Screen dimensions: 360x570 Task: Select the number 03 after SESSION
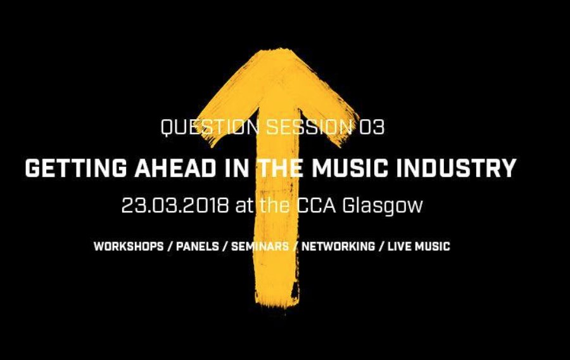click(x=372, y=127)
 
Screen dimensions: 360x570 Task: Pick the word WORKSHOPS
click(x=128, y=246)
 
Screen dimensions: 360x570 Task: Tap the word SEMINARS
click(x=260, y=246)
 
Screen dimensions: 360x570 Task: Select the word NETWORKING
click(x=338, y=246)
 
